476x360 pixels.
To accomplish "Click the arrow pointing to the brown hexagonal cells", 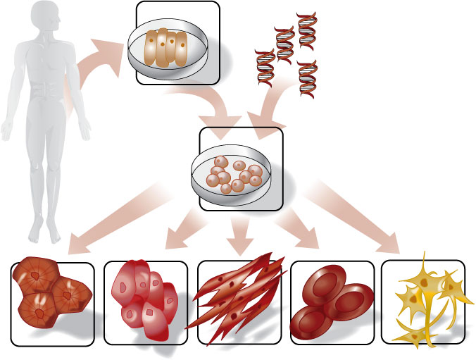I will [113, 215].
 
